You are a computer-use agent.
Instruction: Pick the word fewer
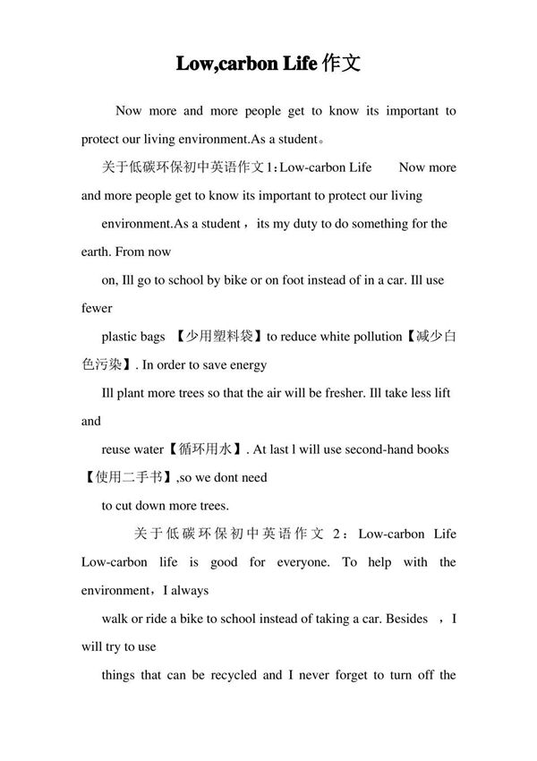pos(96,308)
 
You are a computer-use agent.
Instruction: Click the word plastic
pos(122,337)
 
